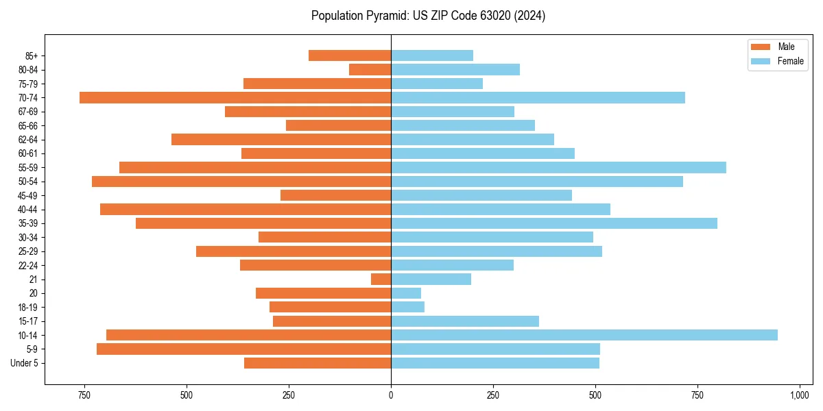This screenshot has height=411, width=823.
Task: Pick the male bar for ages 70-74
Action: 235,97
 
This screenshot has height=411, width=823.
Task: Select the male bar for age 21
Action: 381,279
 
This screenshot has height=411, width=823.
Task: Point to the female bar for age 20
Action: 406,293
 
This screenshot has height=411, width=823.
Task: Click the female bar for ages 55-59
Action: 558,167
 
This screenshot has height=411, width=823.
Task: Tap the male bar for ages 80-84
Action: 370,69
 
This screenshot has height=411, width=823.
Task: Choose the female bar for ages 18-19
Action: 408,307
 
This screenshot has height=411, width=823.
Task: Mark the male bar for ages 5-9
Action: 244,349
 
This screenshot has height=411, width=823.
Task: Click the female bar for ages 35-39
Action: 554,223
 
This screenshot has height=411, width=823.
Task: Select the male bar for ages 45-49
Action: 336,195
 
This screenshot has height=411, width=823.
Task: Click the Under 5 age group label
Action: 25,363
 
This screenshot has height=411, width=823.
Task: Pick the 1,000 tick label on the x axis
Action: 800,395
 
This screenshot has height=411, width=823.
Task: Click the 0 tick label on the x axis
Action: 391,395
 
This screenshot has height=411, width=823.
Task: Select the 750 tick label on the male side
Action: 84,395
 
